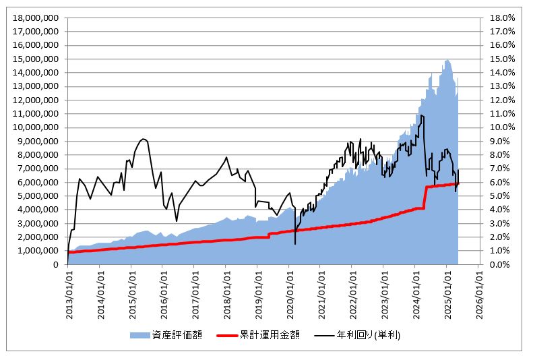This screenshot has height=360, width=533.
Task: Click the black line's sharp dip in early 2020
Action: [295, 243]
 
